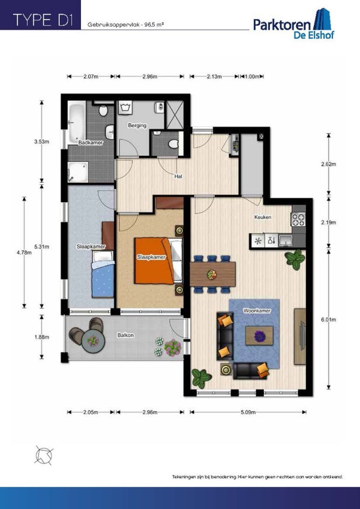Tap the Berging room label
coord(137,125)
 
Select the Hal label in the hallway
coord(178,176)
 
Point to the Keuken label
coord(263,217)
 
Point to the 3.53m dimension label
coord(41,141)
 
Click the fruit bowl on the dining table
coord(212,274)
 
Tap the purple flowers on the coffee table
coord(259,335)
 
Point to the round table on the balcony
coord(92,340)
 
